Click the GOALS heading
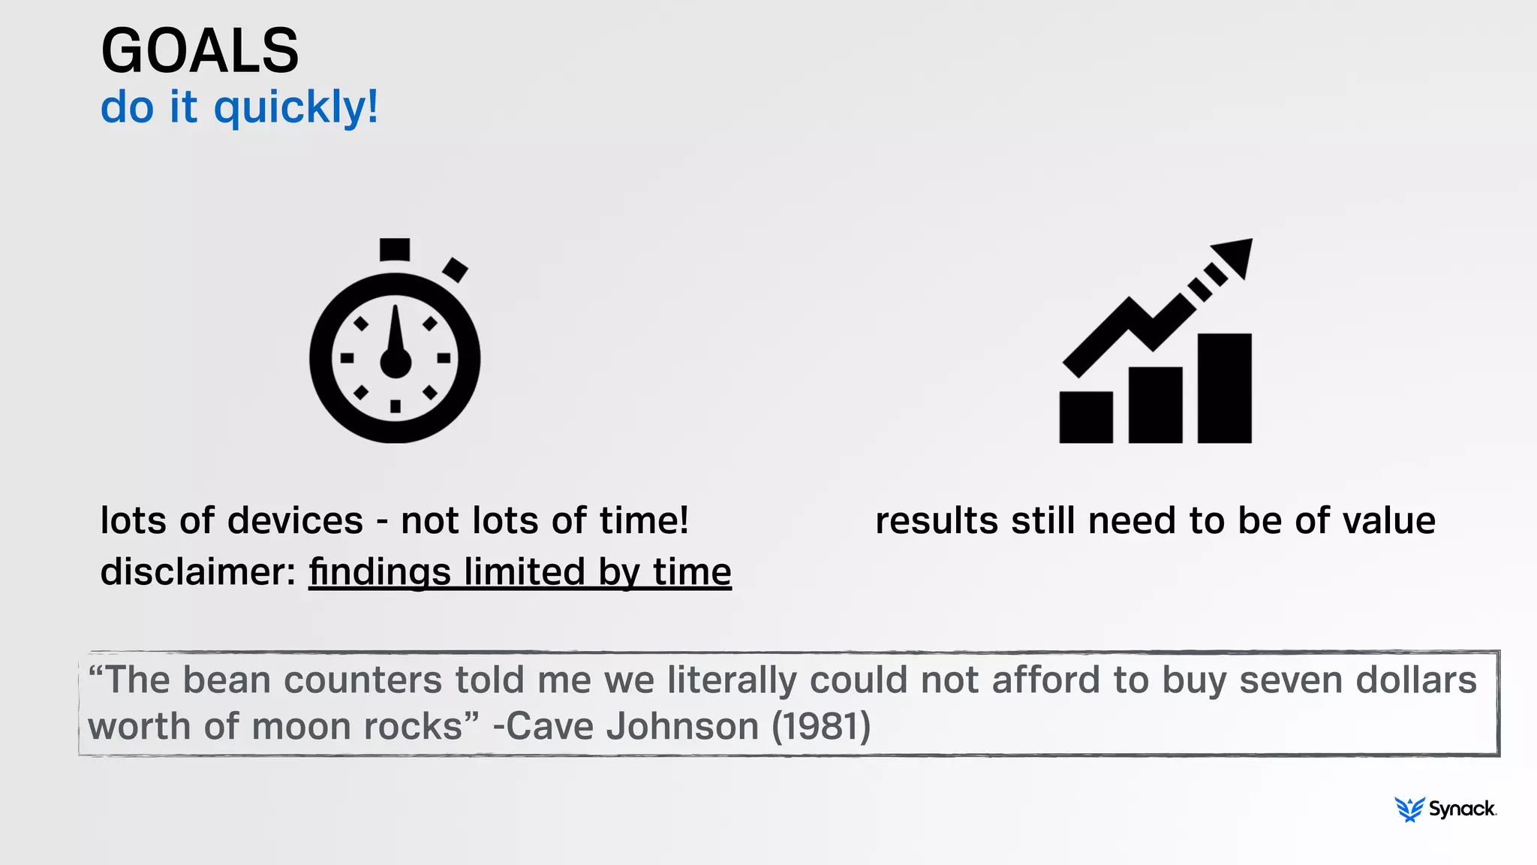pyautogui.click(x=200, y=51)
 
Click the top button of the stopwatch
pyautogui.click(x=395, y=249)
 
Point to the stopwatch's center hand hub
pyautogui.click(x=396, y=363)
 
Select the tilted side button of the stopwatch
pyautogui.click(x=455, y=270)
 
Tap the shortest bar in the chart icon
pyautogui.click(x=1085, y=417)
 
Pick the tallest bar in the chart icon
pyautogui.click(x=1224, y=388)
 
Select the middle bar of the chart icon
pyautogui.click(x=1155, y=405)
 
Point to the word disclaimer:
pyautogui.click(x=198, y=572)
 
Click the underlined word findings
pyautogui.click(x=380, y=572)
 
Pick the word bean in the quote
pyautogui.click(x=226, y=680)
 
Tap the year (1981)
pyautogui.click(x=821, y=727)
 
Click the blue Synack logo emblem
pyautogui.click(x=1409, y=809)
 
